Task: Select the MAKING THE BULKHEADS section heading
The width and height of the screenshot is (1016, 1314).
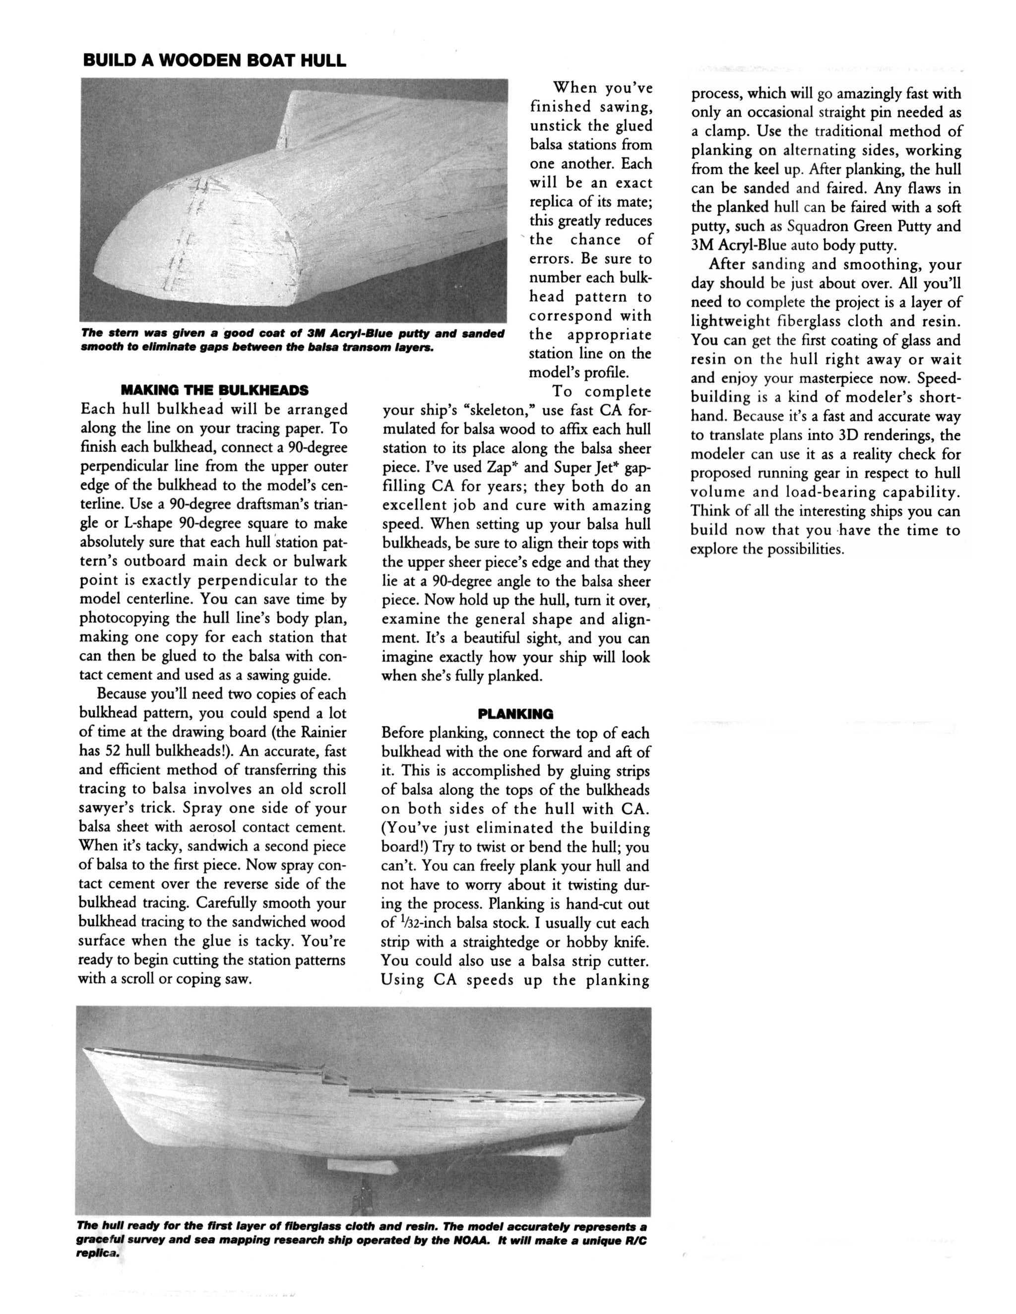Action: point(214,390)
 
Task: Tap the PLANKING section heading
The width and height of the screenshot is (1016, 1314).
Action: point(515,714)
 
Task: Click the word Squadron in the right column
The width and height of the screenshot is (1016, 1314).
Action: point(816,227)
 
